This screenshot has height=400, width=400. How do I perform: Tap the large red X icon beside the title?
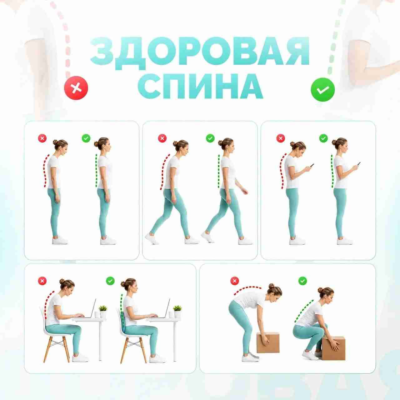tap(76, 88)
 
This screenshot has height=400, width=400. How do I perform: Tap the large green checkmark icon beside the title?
tap(323, 89)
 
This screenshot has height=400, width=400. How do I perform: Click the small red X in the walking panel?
tap(162, 138)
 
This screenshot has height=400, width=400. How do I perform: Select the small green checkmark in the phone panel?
tap(323, 138)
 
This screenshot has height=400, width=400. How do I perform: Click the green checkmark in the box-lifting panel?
tap(302, 281)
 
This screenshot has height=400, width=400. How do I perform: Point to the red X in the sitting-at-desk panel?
tap(42, 281)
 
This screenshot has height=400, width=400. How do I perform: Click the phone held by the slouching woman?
tap(312, 165)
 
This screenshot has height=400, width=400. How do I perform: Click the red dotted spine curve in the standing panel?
tap(45, 171)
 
